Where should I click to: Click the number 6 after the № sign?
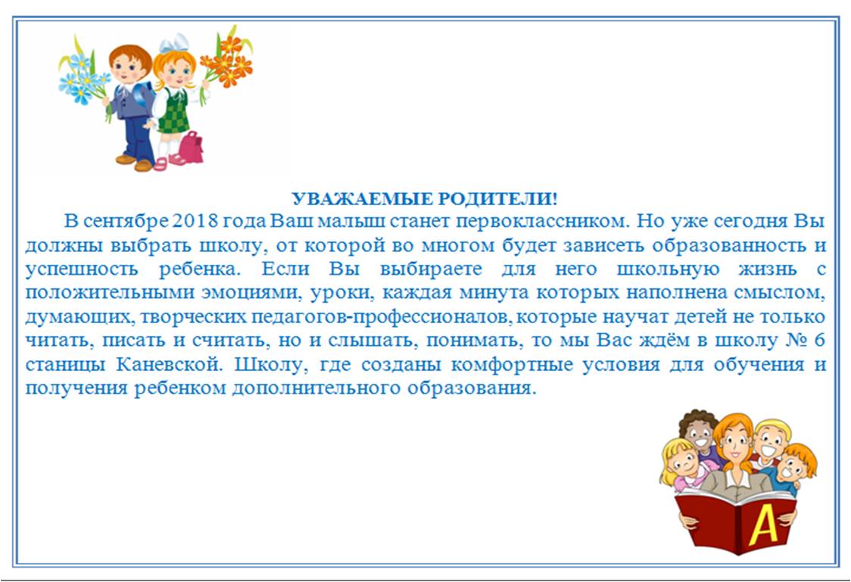click(x=819, y=340)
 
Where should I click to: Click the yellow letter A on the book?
click(x=763, y=524)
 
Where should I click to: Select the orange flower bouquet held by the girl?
click(x=226, y=61)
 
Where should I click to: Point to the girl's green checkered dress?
click(x=176, y=112)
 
